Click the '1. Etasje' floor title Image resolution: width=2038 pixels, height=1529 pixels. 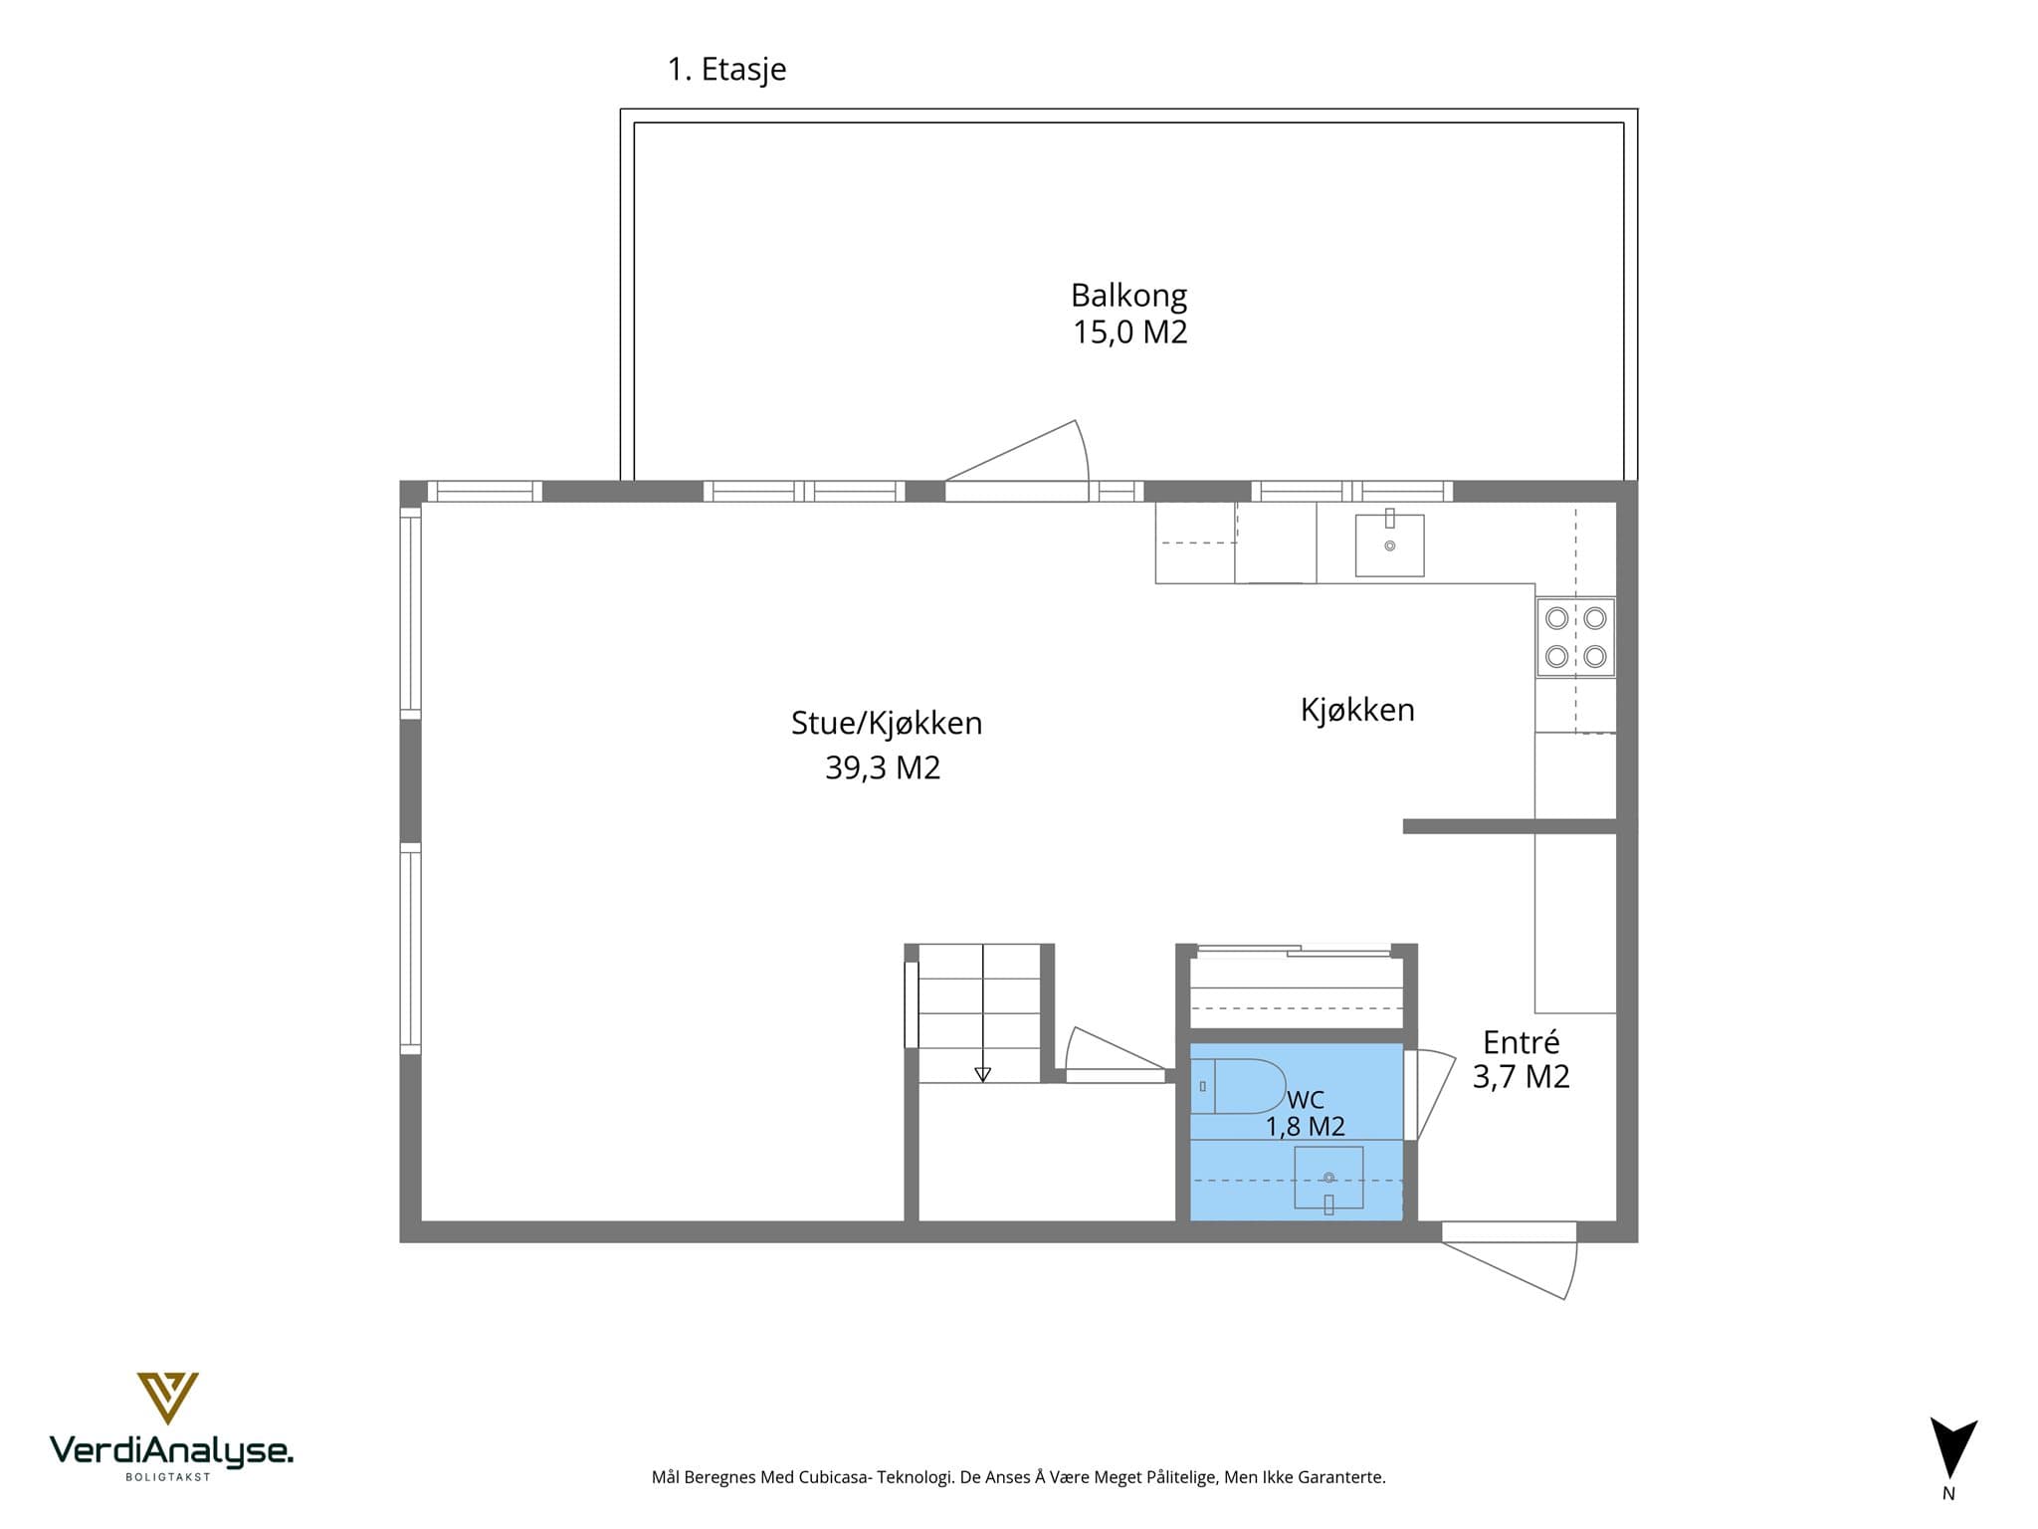click(726, 70)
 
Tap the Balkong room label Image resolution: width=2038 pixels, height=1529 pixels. click(1128, 296)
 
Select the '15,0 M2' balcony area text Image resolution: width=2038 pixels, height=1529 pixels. click(1129, 331)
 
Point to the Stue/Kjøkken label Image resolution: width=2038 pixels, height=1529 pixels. click(887, 724)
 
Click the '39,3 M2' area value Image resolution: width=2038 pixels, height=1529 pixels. click(883, 767)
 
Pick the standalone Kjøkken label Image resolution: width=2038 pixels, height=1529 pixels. click(1357, 710)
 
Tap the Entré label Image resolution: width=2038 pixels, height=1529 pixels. click(1521, 1041)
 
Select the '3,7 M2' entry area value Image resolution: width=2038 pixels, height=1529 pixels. click(1521, 1076)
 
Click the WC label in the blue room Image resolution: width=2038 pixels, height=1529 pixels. click(1306, 1100)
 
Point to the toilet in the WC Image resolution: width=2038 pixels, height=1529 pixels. click(1239, 1086)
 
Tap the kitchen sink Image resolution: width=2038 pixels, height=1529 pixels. click(1390, 545)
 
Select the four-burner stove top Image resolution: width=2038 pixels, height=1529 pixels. click(1575, 637)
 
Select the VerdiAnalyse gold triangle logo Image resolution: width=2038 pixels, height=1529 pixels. click(167, 1398)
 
